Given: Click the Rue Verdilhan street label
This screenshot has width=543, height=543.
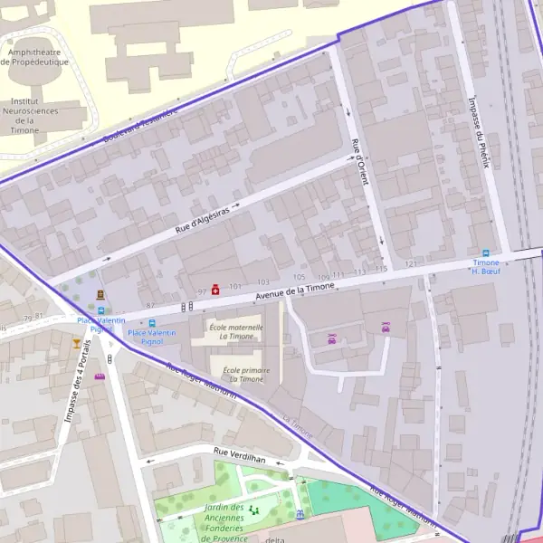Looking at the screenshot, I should point(240,459).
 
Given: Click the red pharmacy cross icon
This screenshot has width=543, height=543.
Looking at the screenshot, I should point(215,290).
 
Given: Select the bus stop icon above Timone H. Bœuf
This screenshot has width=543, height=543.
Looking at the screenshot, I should point(486,253).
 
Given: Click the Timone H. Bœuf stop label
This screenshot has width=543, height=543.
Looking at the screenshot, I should point(486,266).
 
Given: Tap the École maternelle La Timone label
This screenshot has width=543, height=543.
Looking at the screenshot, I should point(235,331).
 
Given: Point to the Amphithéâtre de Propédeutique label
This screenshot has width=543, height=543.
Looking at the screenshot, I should point(36,57).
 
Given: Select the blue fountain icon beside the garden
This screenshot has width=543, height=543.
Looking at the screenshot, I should point(300,514).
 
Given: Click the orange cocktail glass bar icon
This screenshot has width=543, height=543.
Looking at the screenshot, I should point(75,343).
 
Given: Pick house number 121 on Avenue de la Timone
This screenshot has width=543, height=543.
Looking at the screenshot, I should point(411,263).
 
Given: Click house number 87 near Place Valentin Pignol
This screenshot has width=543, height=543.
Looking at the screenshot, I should point(150,305).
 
